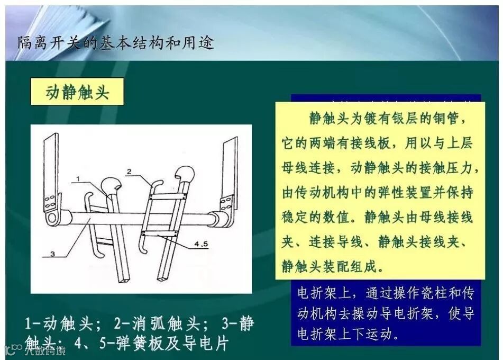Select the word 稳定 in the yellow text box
pyautogui.click(x=295, y=218)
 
